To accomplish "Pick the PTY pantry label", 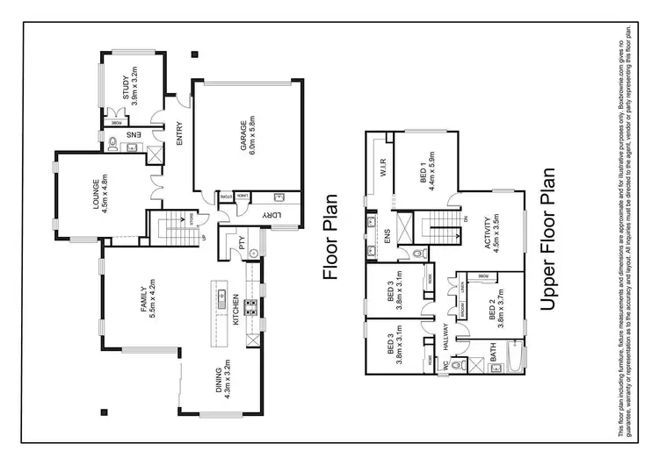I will (241, 247).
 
